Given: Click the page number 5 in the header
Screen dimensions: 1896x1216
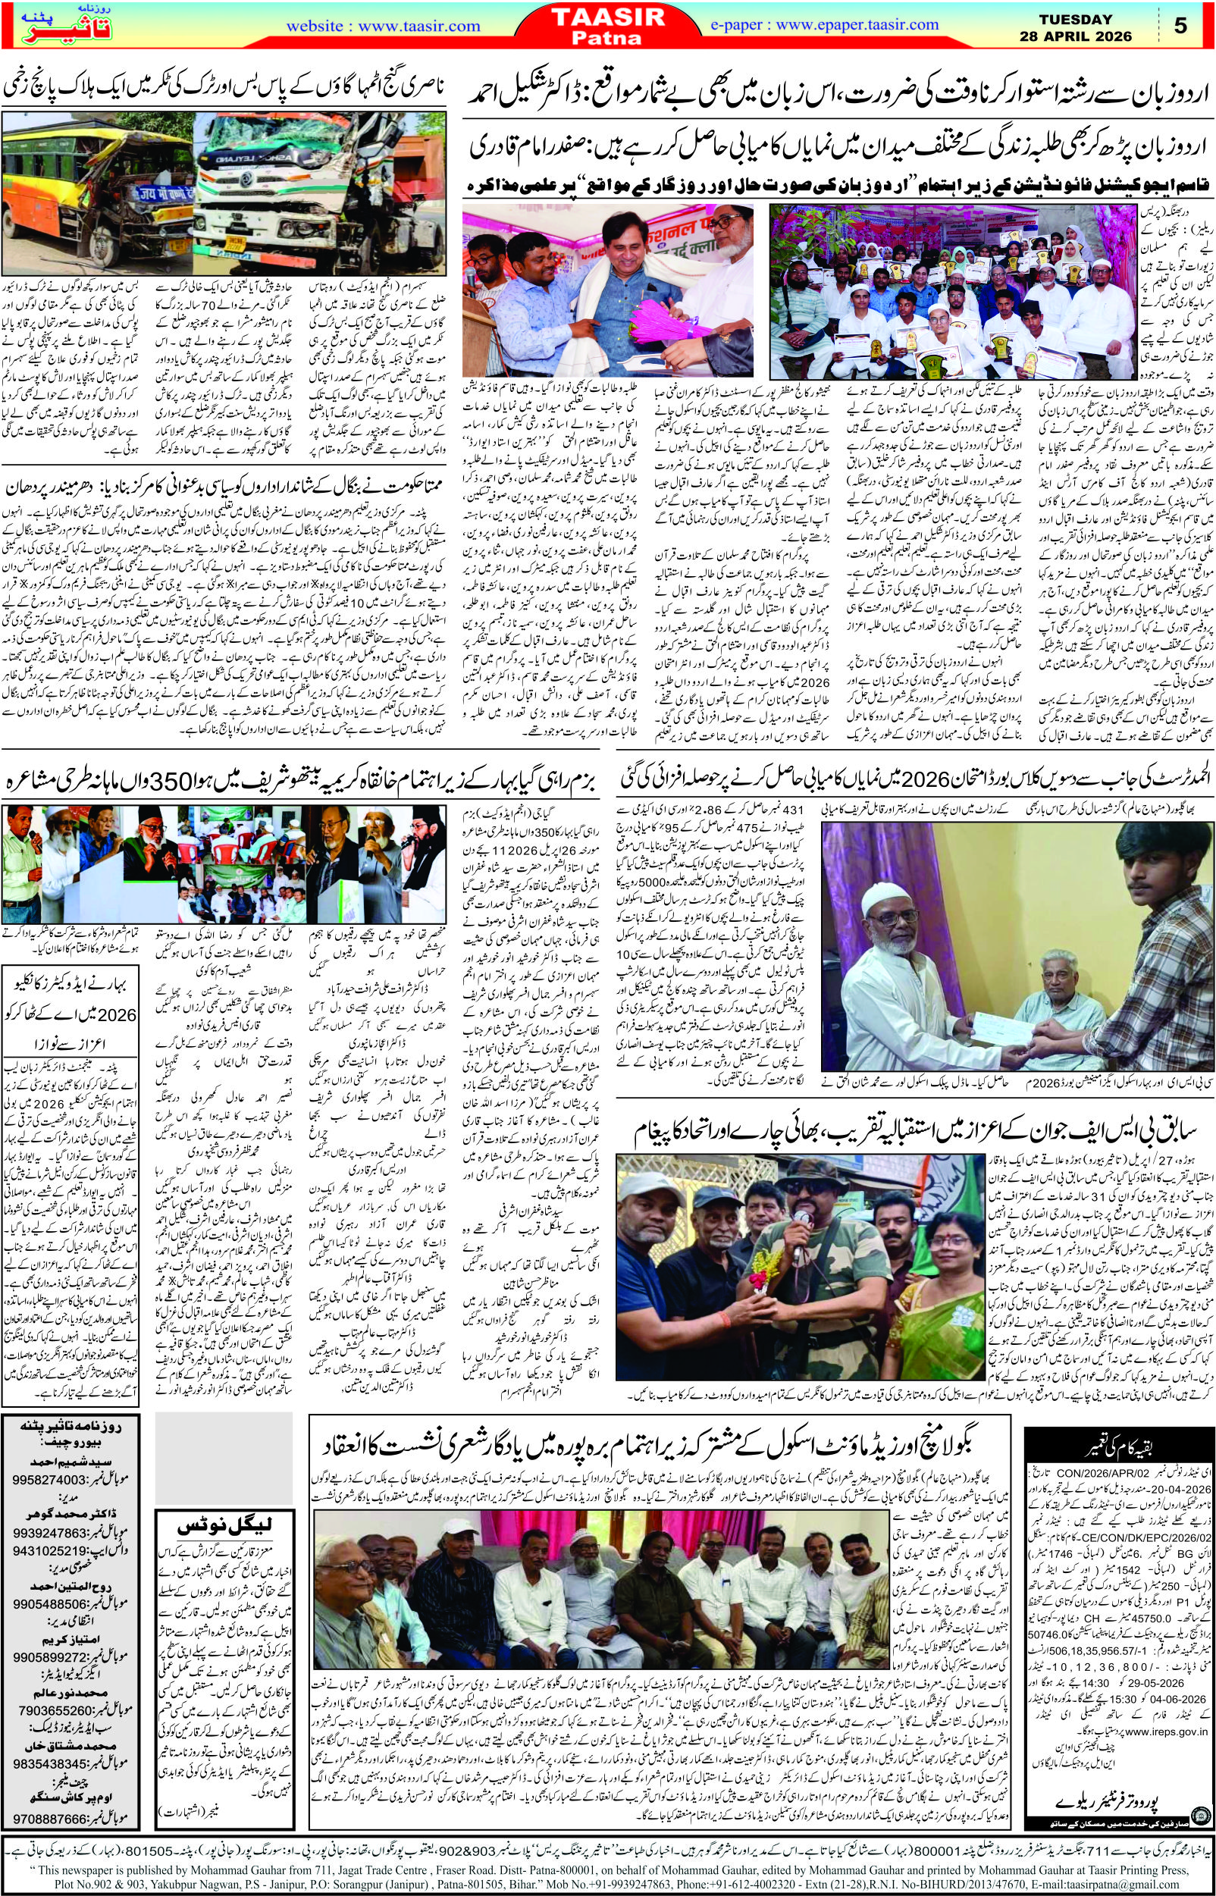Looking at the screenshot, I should pos(1180,26).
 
